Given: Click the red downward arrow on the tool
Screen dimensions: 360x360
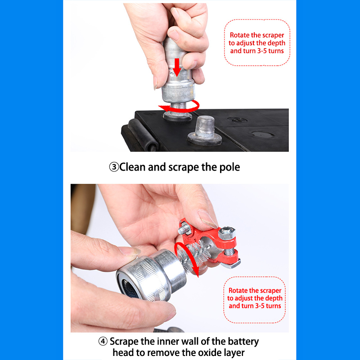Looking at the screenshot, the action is pyautogui.click(x=176, y=67).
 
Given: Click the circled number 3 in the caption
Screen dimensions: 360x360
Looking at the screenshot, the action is pyautogui.click(x=114, y=167).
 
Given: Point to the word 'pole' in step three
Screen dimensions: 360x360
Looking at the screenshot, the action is pyautogui.click(x=229, y=167).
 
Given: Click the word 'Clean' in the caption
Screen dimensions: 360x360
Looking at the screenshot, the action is pyautogui.click(x=132, y=167).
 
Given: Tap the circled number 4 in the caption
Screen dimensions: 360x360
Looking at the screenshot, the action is pyautogui.click(x=103, y=341).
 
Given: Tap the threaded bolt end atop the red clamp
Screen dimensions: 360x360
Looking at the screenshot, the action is pyautogui.click(x=184, y=229).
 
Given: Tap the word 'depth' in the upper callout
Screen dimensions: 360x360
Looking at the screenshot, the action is pyautogui.click(x=276, y=43).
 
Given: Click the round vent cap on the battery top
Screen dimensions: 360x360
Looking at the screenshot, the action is pyautogui.click(x=263, y=134).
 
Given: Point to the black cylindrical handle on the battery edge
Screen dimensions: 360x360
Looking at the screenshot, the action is pyautogui.click(x=143, y=134).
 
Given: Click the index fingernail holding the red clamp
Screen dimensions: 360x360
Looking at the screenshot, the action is pyautogui.click(x=207, y=219).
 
